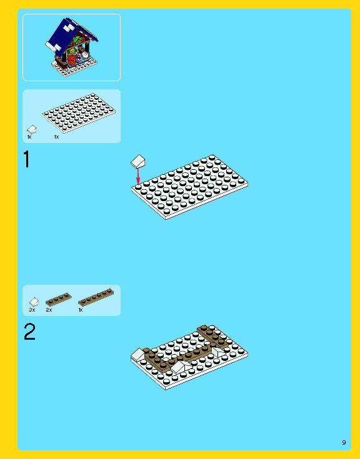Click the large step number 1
tap(27, 159)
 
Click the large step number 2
tap(29, 332)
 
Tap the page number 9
tap(344, 442)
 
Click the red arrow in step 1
tap(138, 176)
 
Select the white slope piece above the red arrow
tap(137, 161)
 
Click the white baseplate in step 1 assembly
tap(189, 187)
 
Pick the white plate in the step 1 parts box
tap(79, 113)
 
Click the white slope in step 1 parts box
tap(32, 129)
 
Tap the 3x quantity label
tap(32, 310)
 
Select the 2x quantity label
tap(49, 310)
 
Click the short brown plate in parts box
tap(59, 300)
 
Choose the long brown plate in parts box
tap(96, 297)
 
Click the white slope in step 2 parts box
tap(34, 302)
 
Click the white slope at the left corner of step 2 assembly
tap(137, 355)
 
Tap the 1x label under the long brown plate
tap(81, 310)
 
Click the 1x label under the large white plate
tap(56, 137)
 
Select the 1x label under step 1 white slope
tap(29, 137)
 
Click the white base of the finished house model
tap(75, 67)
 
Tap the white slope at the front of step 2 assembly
tap(180, 367)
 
